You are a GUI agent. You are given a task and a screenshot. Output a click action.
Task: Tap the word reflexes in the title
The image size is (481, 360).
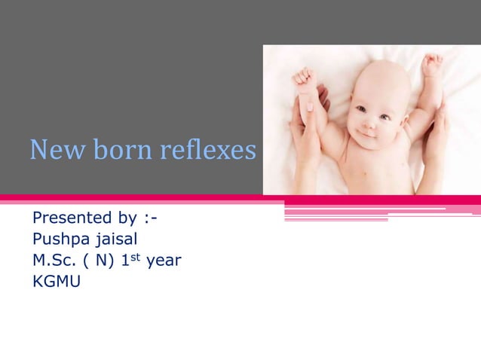(208, 151)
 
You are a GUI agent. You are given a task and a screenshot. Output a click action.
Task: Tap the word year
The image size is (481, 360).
(164, 263)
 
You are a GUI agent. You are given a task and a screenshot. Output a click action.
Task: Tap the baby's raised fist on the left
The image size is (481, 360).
(305, 78)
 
